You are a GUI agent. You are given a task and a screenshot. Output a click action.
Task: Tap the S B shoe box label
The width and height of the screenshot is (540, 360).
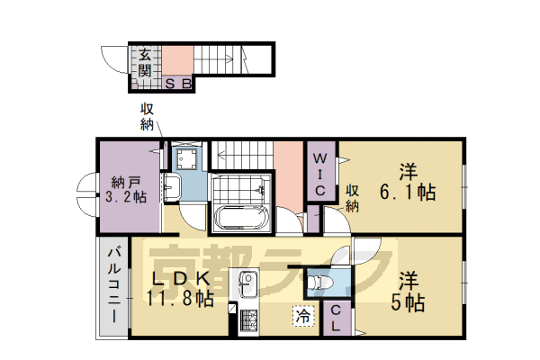178,85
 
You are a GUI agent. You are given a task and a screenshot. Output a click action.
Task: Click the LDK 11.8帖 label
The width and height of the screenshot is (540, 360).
180,287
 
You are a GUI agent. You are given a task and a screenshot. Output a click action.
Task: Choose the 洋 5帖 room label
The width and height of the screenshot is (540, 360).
408,290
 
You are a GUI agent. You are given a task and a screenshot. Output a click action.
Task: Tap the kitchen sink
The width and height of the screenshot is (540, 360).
246,287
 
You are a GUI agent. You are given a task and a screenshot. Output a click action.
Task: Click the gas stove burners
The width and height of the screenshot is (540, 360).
246,319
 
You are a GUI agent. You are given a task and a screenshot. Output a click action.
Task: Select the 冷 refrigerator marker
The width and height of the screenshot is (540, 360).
304,316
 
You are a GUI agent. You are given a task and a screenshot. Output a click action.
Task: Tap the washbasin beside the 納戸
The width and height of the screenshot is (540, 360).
172,189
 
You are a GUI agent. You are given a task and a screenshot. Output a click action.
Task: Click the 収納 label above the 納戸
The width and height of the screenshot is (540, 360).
148,116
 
